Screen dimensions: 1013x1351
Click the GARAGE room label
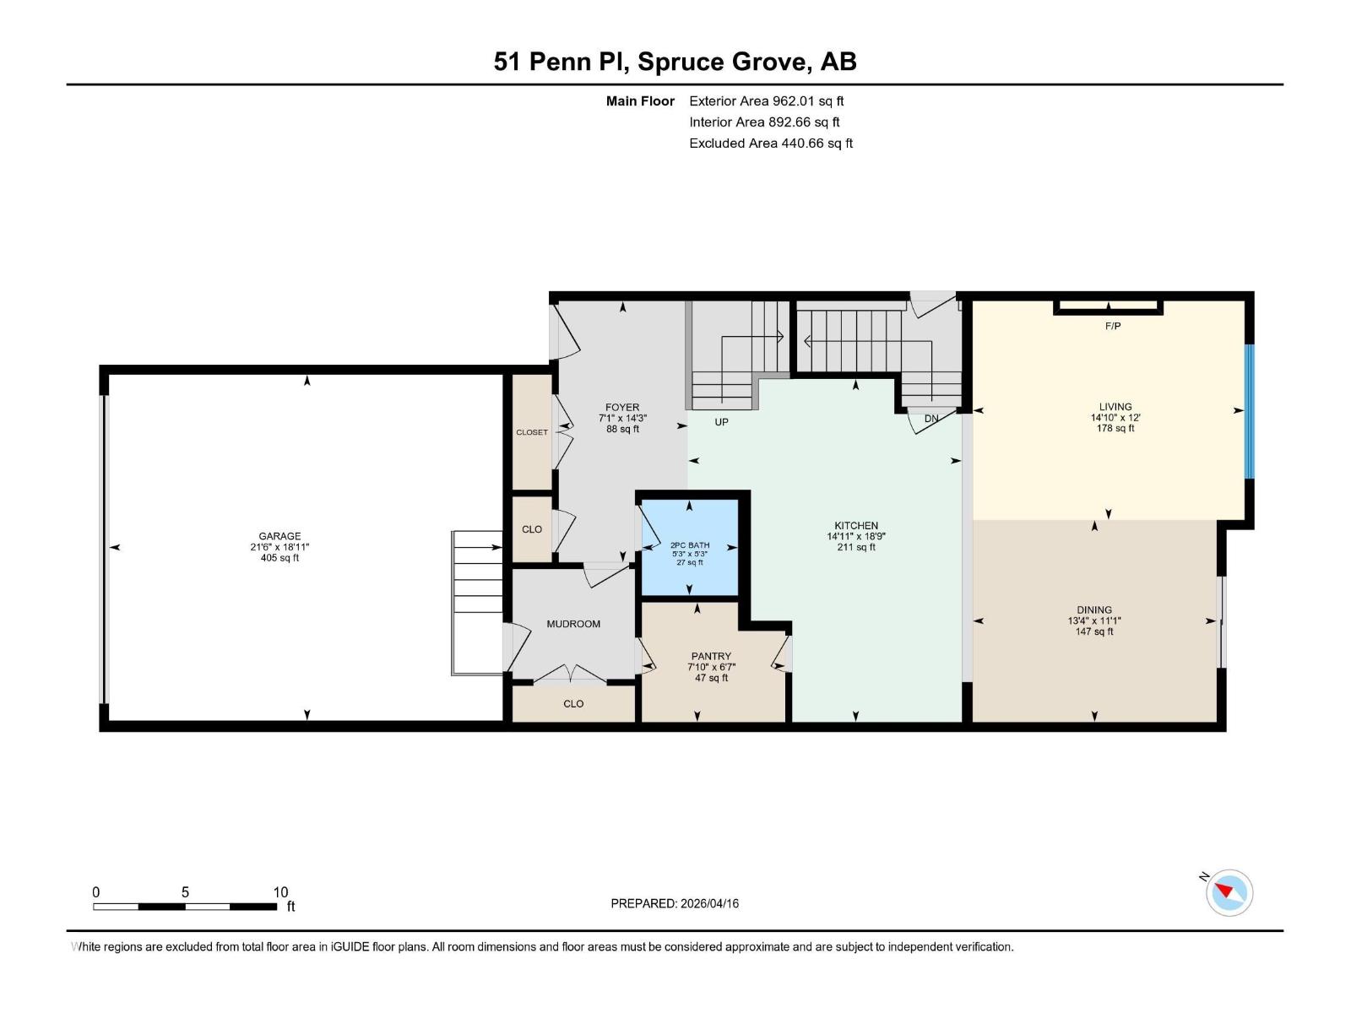pyautogui.click(x=279, y=536)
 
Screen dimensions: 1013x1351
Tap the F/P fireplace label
pyautogui.click(x=1112, y=326)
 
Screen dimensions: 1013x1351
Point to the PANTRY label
pyautogui.click(x=711, y=656)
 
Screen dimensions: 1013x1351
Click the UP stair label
pyautogui.click(x=721, y=422)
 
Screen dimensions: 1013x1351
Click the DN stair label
pyautogui.click(x=931, y=419)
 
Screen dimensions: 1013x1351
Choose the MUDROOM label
pyautogui.click(x=573, y=624)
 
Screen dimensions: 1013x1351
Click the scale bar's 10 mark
pyautogui.click(x=280, y=892)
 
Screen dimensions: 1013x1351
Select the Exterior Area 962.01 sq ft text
pyautogui.click(x=766, y=101)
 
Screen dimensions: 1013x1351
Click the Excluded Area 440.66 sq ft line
pyautogui.click(x=770, y=144)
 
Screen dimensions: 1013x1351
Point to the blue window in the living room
pyautogui.click(x=1250, y=411)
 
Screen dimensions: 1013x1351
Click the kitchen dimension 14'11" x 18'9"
pyautogui.click(x=855, y=536)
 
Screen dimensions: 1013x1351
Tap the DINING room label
pyautogui.click(x=1094, y=609)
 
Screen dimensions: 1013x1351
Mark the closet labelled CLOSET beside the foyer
pyautogui.click(x=532, y=432)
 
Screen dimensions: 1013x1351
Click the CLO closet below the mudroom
pyautogui.click(x=573, y=703)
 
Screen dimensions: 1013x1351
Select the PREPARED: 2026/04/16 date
pyautogui.click(x=675, y=903)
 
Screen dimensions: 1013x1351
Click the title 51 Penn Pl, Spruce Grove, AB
pyautogui.click(x=675, y=62)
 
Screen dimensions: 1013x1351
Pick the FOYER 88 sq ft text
pyautogui.click(x=622, y=429)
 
